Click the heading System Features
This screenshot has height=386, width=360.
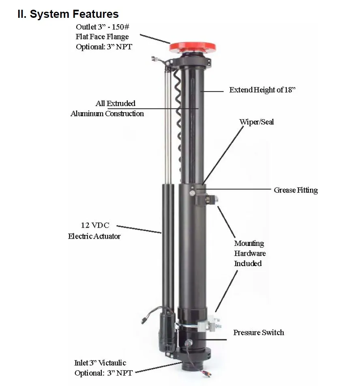coord(68,14)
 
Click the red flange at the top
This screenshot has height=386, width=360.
coord(193,46)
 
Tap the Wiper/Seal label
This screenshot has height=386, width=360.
coord(256,122)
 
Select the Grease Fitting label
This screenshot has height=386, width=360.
coord(296,190)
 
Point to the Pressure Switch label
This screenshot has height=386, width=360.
coord(259,333)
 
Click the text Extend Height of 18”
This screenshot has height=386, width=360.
coord(262,90)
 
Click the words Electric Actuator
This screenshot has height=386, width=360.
coord(94,236)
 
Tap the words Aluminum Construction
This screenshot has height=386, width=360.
coord(107,114)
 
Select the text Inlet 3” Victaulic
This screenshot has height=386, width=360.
coord(100,363)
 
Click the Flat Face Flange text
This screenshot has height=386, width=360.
coord(102,37)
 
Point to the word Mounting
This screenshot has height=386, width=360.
coord(249,243)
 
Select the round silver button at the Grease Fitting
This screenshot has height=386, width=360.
coord(191,193)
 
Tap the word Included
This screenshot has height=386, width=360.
coord(248,263)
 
